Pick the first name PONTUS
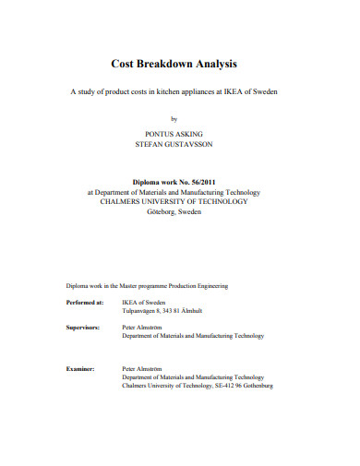pyautogui.click(x=162, y=134)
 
